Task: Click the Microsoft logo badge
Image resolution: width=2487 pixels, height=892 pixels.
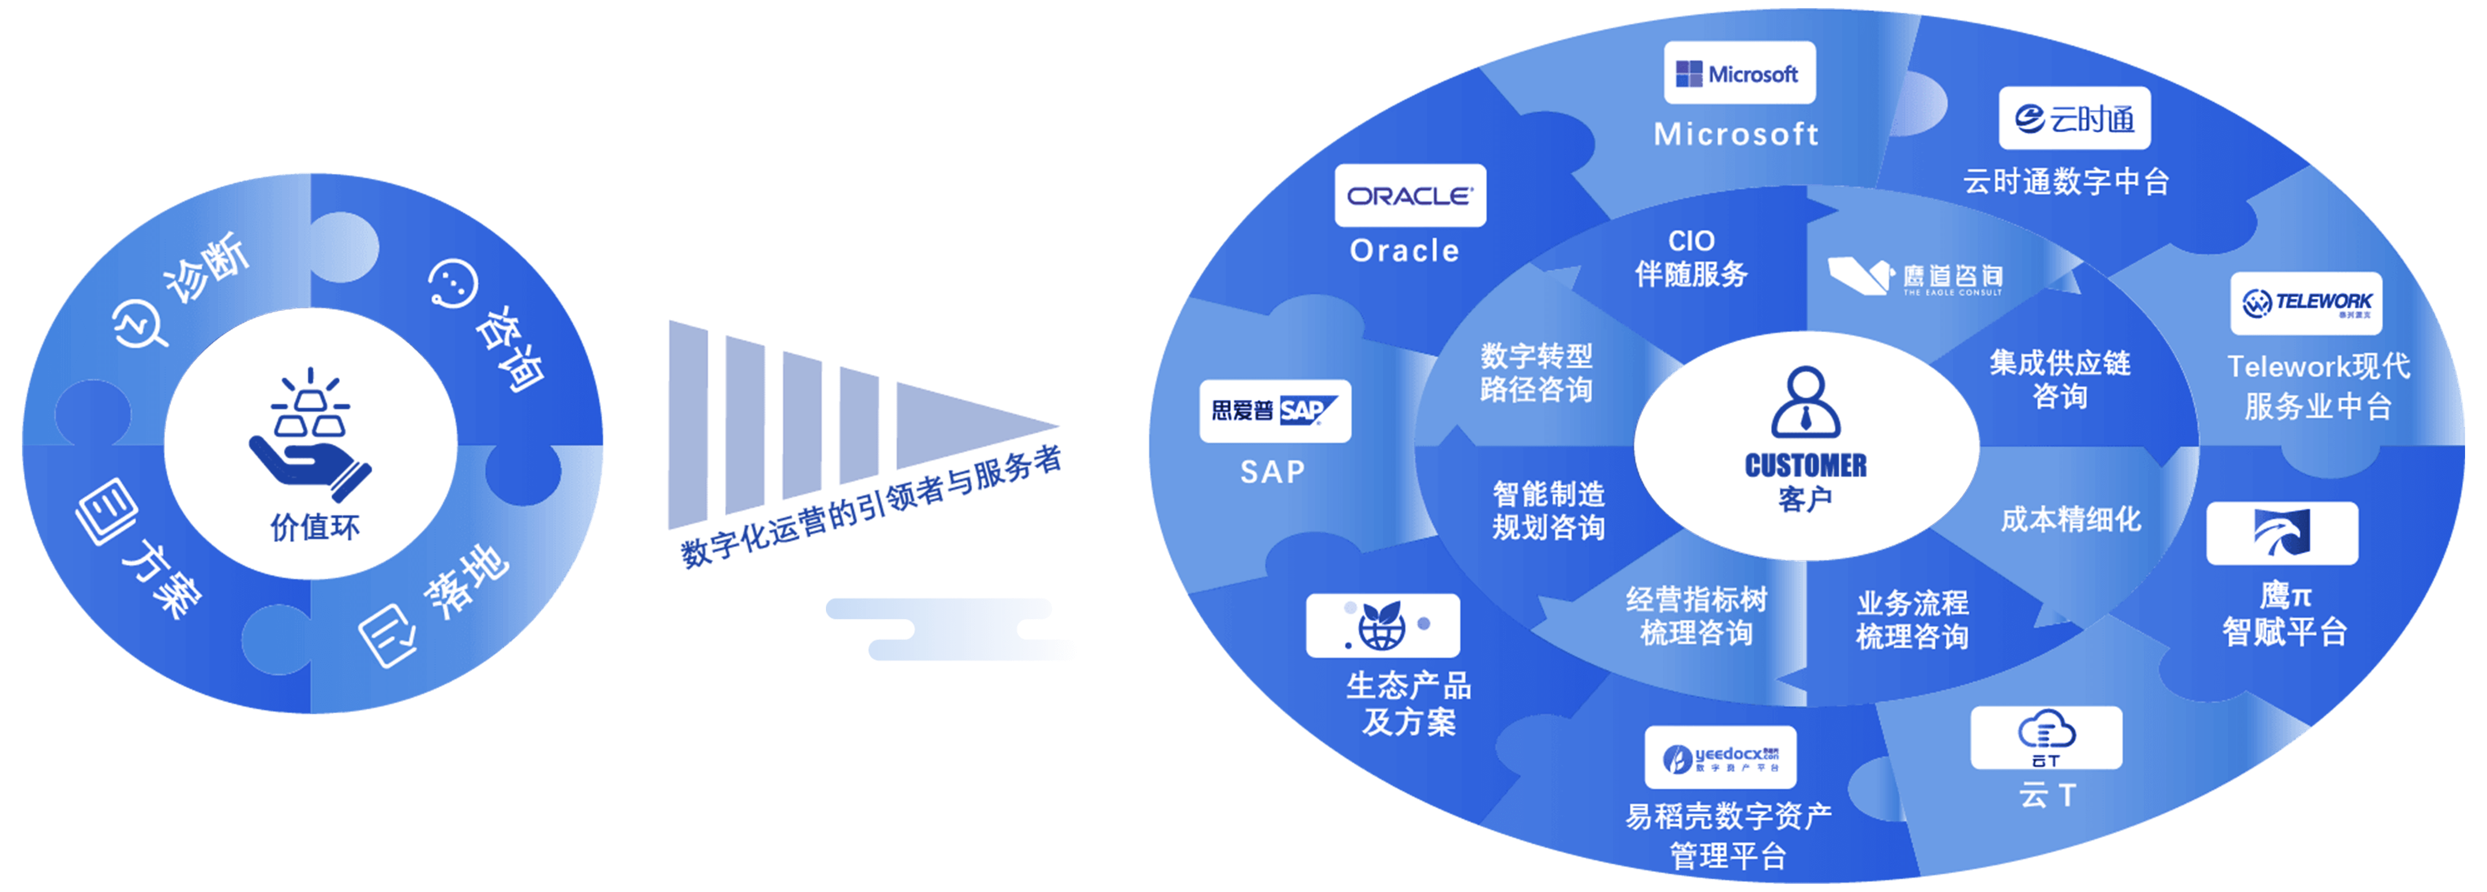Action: point(1739,73)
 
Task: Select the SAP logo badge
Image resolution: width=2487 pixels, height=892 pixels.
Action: point(1275,411)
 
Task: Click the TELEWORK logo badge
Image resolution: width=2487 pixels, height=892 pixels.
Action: point(2305,303)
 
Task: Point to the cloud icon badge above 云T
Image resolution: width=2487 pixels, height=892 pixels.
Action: point(2046,737)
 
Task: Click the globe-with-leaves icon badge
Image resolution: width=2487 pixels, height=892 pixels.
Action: point(1382,625)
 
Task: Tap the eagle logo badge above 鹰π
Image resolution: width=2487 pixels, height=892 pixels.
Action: point(2281,533)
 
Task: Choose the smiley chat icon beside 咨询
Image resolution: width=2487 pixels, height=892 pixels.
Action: point(453,283)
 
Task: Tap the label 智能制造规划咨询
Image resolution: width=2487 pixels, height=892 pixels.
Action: point(1549,511)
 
